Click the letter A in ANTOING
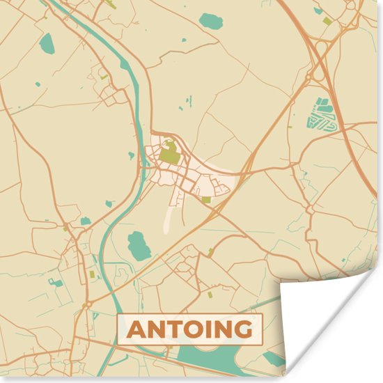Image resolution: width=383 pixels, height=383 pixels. click(x=137, y=329)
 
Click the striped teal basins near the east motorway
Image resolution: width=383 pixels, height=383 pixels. click(x=322, y=115)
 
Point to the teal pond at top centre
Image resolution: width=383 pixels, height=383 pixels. click(x=210, y=21)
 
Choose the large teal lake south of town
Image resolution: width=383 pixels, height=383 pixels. click(x=139, y=246)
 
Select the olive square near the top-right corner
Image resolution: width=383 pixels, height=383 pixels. click(x=328, y=21)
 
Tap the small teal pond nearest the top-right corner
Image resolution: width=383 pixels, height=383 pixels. click(x=318, y=10)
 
